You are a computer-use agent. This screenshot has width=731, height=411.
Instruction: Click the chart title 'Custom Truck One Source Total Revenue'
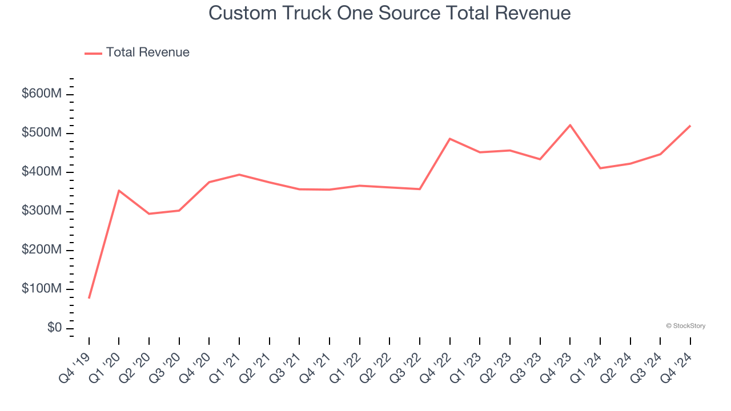click(x=389, y=13)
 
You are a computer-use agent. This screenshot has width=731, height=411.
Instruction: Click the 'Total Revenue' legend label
click(x=147, y=53)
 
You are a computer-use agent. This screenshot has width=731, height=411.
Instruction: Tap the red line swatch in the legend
click(x=93, y=53)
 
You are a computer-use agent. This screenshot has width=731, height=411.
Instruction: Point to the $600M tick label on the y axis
click(x=41, y=94)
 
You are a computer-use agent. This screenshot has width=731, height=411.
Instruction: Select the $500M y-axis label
click(x=41, y=133)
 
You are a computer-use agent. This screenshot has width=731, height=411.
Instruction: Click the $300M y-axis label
click(x=41, y=211)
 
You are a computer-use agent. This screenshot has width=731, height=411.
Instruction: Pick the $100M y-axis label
click(x=41, y=289)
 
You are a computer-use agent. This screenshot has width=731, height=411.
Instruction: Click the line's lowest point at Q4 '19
click(x=89, y=298)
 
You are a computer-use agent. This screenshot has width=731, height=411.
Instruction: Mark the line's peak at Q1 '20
click(x=119, y=190)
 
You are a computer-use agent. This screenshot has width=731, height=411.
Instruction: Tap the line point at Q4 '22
click(x=449, y=139)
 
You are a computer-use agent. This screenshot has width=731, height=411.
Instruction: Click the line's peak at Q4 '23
click(x=570, y=125)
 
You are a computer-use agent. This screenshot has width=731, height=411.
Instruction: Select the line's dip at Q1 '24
click(x=600, y=168)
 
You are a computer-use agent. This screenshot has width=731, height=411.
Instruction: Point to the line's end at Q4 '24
click(x=690, y=126)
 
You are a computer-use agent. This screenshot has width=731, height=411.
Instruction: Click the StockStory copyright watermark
click(x=685, y=326)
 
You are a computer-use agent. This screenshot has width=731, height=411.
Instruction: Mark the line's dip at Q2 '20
click(x=149, y=213)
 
